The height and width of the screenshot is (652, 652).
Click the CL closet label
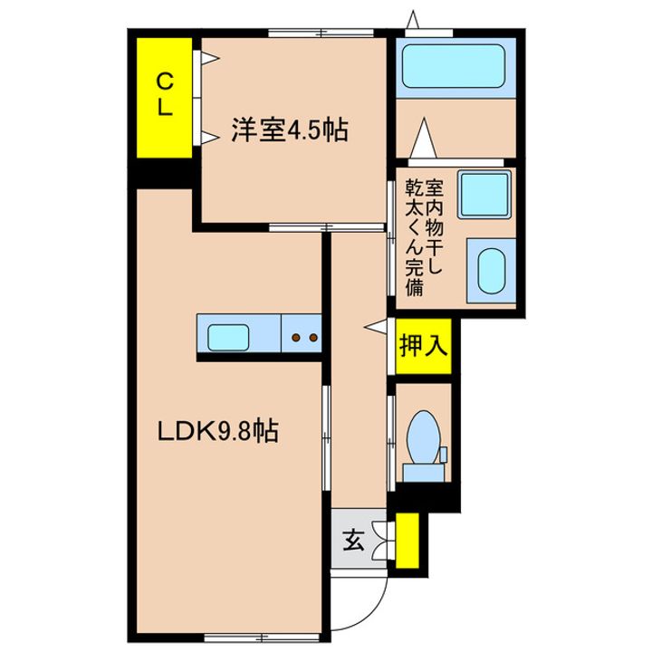coord(164,94)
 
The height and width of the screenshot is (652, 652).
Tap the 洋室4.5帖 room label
coord(290,130)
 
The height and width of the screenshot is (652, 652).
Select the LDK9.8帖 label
coord(218,431)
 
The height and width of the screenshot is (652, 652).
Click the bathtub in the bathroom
coord(454,66)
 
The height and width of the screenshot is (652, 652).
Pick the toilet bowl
coord(424,436)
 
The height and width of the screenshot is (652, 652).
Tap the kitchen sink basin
coord(228,337)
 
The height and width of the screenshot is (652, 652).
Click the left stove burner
coord(296,337)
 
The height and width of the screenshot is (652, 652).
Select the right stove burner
coord(313,337)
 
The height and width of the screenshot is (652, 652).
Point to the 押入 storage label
coord(423,345)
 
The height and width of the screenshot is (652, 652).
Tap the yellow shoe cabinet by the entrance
coord(407,541)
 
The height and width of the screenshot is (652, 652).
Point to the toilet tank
coord(423,473)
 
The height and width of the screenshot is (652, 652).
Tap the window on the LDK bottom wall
coord(262,637)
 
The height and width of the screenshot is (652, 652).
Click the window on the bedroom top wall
coord(321,33)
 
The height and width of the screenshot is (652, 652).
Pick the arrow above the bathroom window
coord(413,20)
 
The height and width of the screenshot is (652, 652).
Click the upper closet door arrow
coord(209,57)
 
